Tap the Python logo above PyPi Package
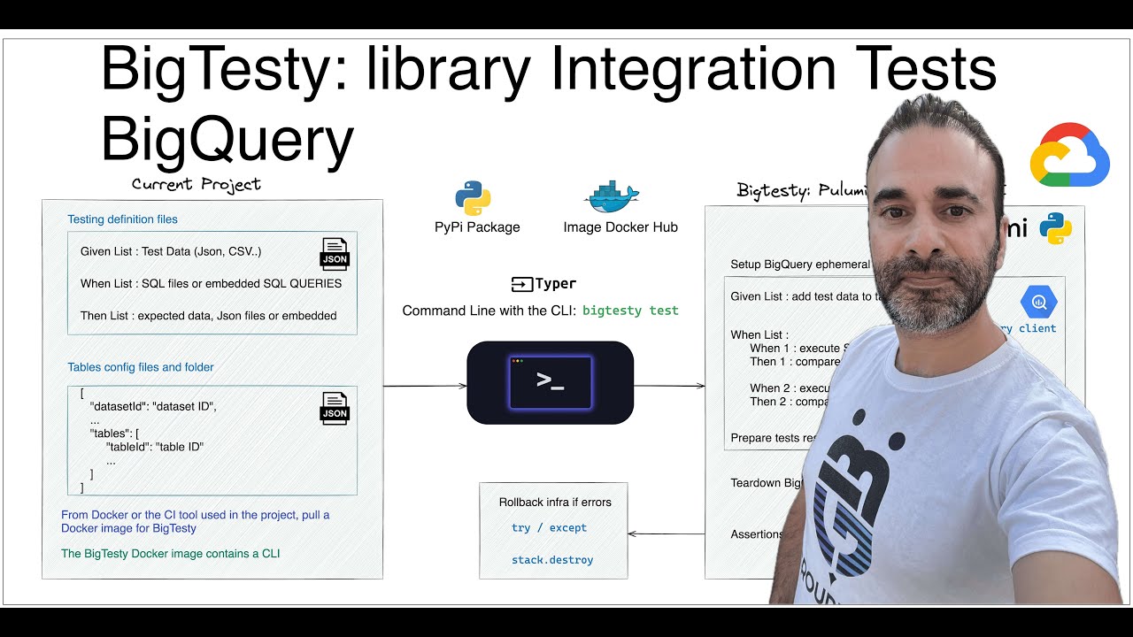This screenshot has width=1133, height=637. point(473,197)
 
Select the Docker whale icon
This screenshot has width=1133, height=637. point(612,196)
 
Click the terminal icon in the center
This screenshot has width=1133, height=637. point(550,382)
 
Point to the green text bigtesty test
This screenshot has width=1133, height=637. point(630,311)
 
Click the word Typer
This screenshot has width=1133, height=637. point(555,284)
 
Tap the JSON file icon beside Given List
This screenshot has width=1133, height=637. point(335,253)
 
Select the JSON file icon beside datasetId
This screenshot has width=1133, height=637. point(335,408)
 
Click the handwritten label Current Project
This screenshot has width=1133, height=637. point(196,184)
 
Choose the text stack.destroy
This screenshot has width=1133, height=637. point(552,560)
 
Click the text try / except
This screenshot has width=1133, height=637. point(549,528)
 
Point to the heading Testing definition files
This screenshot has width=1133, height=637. point(122,219)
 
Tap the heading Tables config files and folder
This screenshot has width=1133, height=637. point(141,367)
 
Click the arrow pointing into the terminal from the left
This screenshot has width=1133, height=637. point(425,386)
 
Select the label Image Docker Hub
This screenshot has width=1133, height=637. point(620,227)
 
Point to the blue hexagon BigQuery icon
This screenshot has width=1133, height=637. point(1037,302)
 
